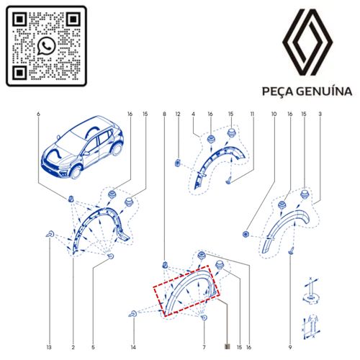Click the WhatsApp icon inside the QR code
46,46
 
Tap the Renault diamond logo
307,42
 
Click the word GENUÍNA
324,91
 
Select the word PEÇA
278,92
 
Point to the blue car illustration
82,147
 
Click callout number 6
38,114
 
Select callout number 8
164,114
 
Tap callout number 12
178,114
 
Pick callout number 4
193,114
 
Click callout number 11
252,114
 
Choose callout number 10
274,114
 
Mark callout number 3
320,114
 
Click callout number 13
49,347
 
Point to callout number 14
133,347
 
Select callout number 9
290,347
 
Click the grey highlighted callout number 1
227,347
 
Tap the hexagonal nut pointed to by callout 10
246,234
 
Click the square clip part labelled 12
177,163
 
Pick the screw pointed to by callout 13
50,234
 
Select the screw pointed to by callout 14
133,314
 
